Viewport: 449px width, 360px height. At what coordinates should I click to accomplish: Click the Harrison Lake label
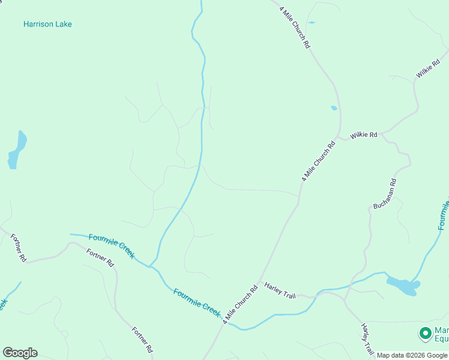[x=47, y=24]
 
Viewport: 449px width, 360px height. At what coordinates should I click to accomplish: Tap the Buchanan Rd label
[x=385, y=194]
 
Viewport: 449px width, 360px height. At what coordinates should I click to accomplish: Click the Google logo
[x=20, y=353]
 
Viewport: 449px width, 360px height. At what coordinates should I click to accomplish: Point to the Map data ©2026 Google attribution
[x=412, y=355]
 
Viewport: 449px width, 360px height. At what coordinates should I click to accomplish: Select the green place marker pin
[x=426, y=332]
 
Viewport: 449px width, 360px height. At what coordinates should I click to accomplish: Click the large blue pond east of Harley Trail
[x=402, y=286]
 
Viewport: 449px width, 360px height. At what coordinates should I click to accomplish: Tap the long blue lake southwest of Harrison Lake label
[x=17, y=150]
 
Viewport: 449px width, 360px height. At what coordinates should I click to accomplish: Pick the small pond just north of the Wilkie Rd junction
[x=334, y=108]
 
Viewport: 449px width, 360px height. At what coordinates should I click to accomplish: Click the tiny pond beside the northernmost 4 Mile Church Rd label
[x=311, y=22]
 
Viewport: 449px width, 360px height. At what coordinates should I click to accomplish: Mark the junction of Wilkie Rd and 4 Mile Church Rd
[x=338, y=137]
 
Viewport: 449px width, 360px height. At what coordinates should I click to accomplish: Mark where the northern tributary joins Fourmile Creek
[x=150, y=265]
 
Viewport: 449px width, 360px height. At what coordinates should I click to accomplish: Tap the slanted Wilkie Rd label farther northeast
[x=428, y=67]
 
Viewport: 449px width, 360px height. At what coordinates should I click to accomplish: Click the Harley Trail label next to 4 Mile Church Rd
[x=280, y=287]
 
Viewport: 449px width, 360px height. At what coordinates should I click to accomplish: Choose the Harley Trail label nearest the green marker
[x=367, y=339]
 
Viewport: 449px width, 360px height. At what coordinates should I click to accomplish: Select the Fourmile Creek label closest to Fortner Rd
[x=111, y=246]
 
